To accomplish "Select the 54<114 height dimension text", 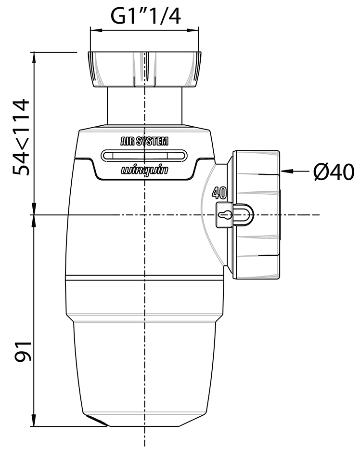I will (x=21, y=137).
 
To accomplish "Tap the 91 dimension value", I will (x=22, y=350).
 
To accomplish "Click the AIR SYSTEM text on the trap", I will (x=144, y=142).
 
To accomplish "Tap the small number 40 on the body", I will (x=219, y=194).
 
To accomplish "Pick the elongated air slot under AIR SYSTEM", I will (x=144, y=155).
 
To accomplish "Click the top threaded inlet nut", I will (x=144, y=68).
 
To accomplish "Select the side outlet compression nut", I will (x=255, y=214).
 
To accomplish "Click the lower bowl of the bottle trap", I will (x=144, y=366).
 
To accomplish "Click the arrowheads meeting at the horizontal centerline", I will (x=34, y=214).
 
